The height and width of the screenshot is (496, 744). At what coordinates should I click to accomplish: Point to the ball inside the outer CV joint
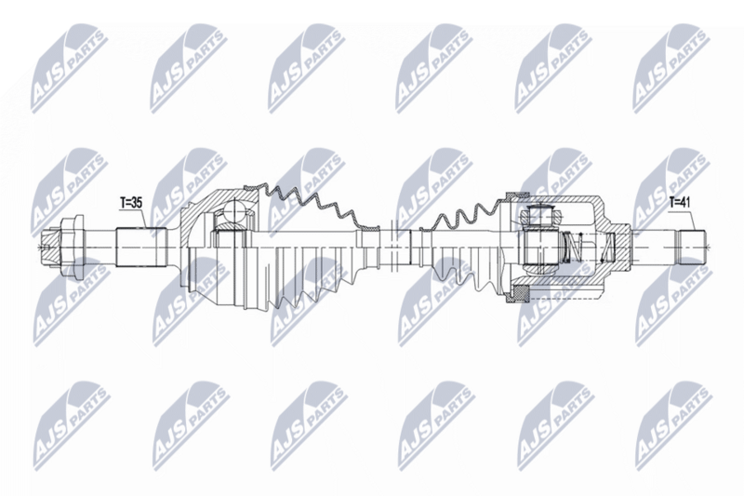pos(228,221)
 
